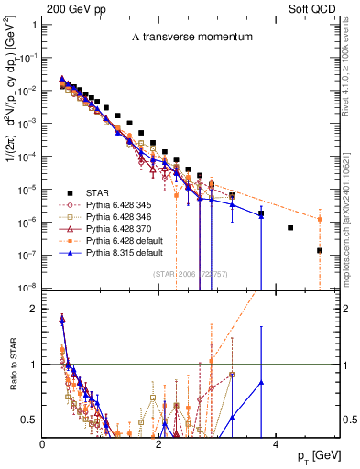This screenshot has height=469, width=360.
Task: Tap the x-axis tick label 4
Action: pyautogui.click(x=274, y=444)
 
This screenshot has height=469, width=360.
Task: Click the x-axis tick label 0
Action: pyautogui.click(x=43, y=444)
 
